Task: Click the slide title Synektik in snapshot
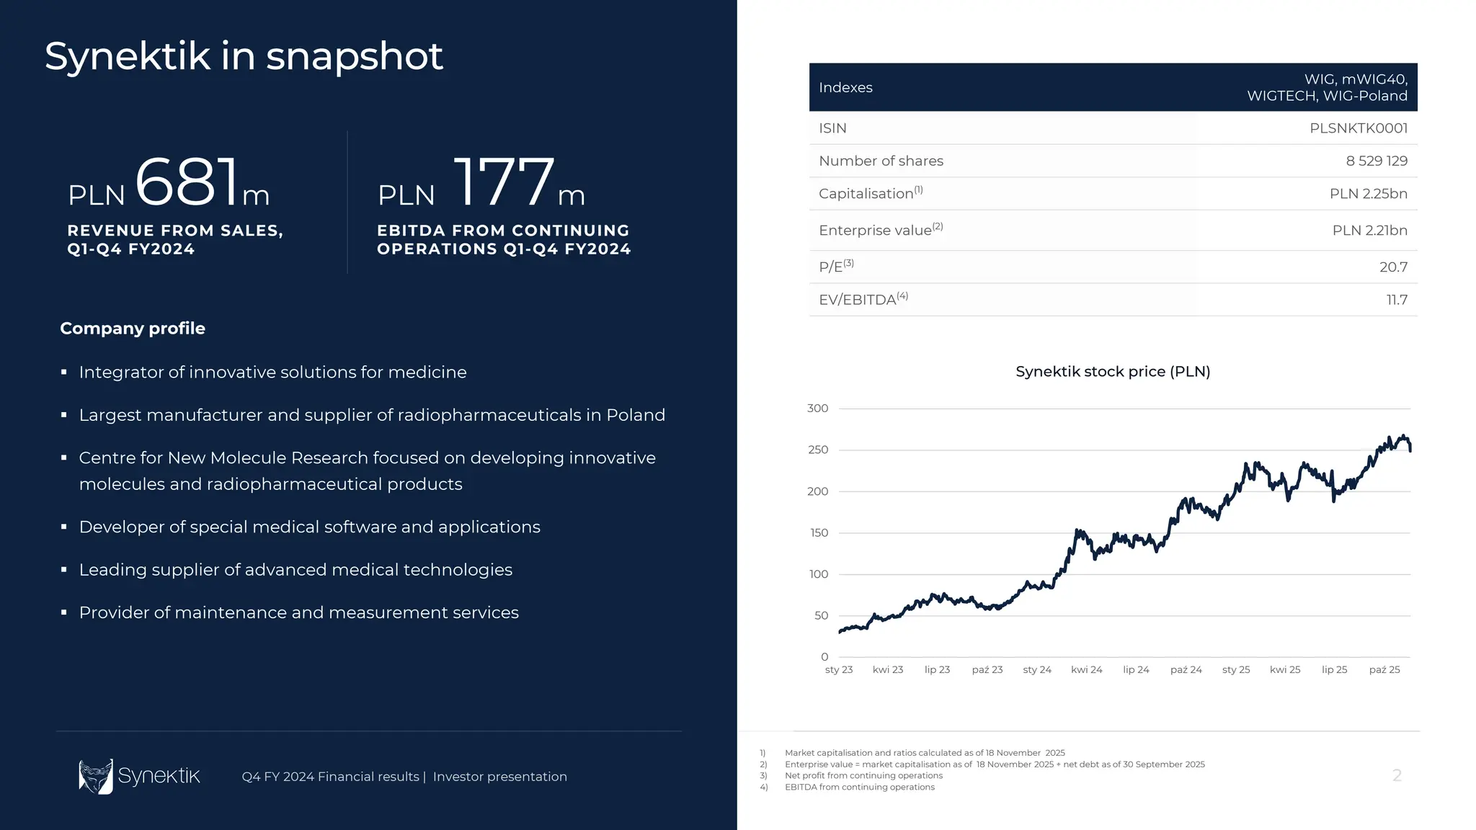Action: click(244, 56)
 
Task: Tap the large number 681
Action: click(187, 182)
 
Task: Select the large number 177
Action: click(504, 182)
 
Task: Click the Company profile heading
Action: click(133, 329)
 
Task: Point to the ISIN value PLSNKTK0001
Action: click(1358, 128)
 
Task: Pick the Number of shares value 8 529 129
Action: click(1376, 161)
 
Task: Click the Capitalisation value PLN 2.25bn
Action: click(1368, 194)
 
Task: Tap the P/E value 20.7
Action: click(1392, 267)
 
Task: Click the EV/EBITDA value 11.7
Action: click(1396, 300)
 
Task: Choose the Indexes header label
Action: click(845, 87)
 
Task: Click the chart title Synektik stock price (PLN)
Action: click(1112, 372)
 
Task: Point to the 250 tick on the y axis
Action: click(818, 450)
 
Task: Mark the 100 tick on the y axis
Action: click(818, 574)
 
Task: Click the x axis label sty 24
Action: click(1036, 670)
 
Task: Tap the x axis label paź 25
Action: click(1384, 670)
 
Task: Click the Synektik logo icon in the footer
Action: click(96, 776)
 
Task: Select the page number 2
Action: click(1396, 775)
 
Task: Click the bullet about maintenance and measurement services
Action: click(298, 612)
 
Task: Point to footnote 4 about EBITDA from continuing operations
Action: click(859, 787)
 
